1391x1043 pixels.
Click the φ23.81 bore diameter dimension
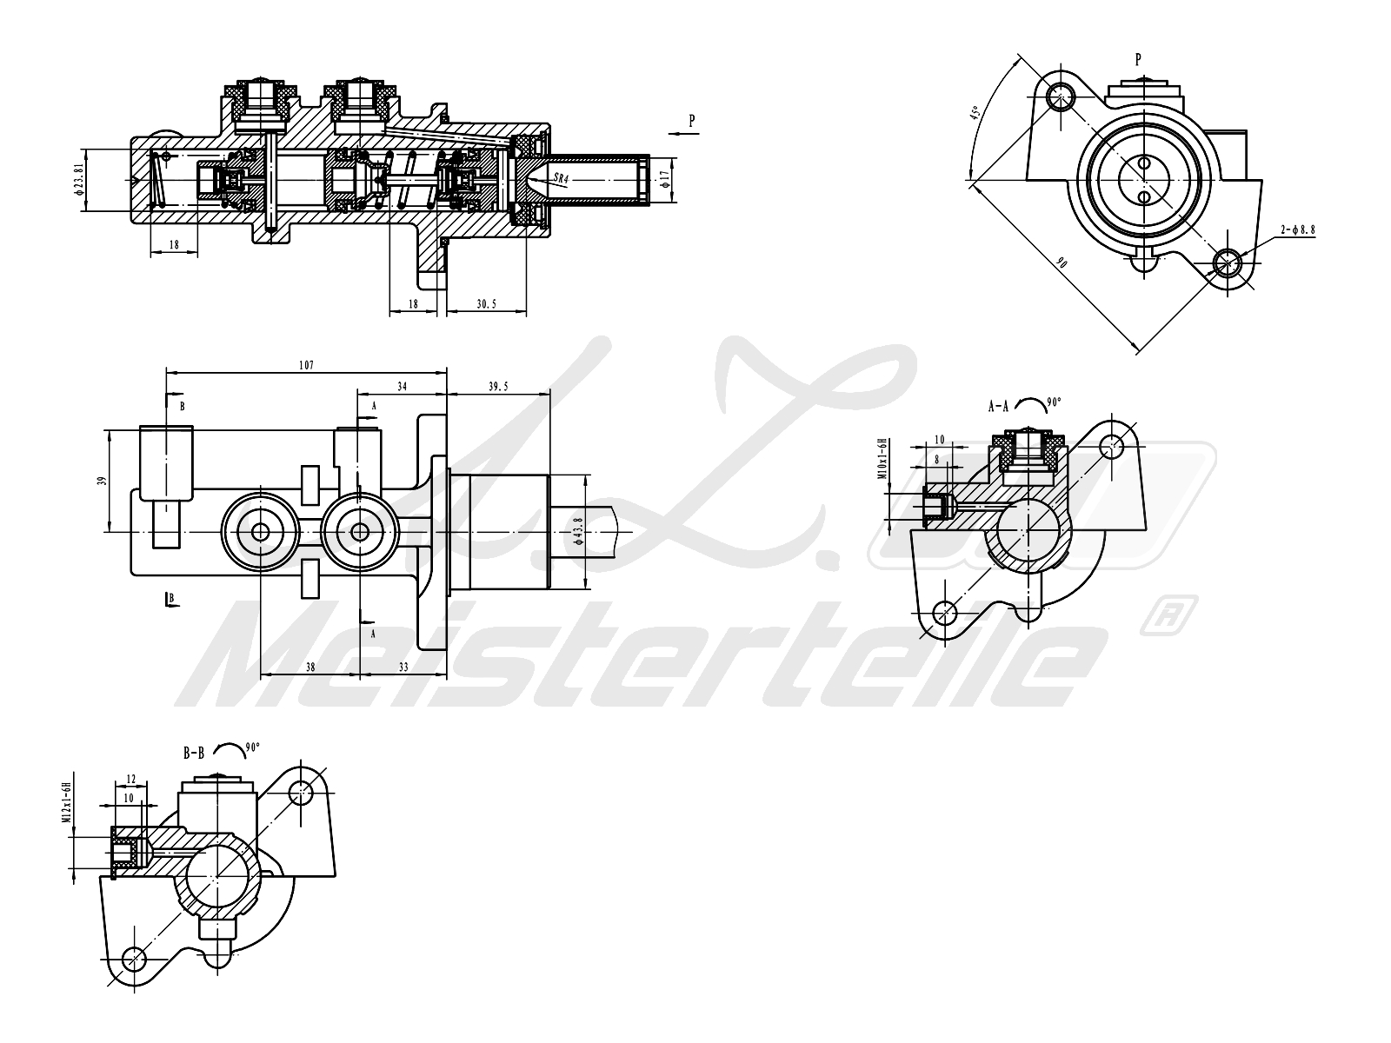click(79, 180)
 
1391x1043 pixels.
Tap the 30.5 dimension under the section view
click(487, 304)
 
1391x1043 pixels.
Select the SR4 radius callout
click(560, 180)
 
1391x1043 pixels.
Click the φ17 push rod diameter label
click(665, 180)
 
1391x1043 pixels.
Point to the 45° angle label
click(975, 114)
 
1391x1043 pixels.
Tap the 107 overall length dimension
click(306, 365)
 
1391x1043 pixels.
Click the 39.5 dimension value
click(498, 386)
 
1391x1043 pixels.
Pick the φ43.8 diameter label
click(579, 531)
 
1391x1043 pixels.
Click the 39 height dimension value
click(102, 480)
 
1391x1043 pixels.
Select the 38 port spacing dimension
click(310, 668)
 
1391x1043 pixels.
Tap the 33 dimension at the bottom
click(403, 668)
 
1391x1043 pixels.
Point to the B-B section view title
click(193, 754)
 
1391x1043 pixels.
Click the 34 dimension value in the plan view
click(402, 386)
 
